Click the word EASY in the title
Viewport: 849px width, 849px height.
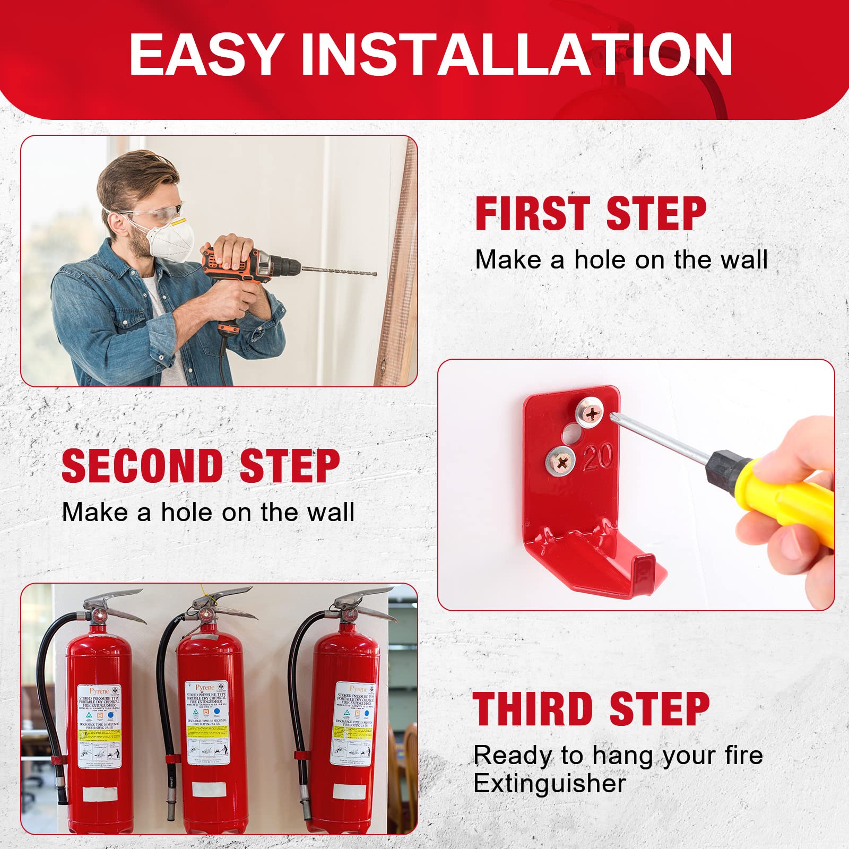[x=205, y=55]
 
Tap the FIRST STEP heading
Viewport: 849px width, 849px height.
[x=590, y=213]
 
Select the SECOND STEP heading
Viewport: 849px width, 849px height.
[x=201, y=466]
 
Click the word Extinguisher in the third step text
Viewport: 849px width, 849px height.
[x=549, y=784]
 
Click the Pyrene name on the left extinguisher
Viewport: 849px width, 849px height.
[x=99, y=691]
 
